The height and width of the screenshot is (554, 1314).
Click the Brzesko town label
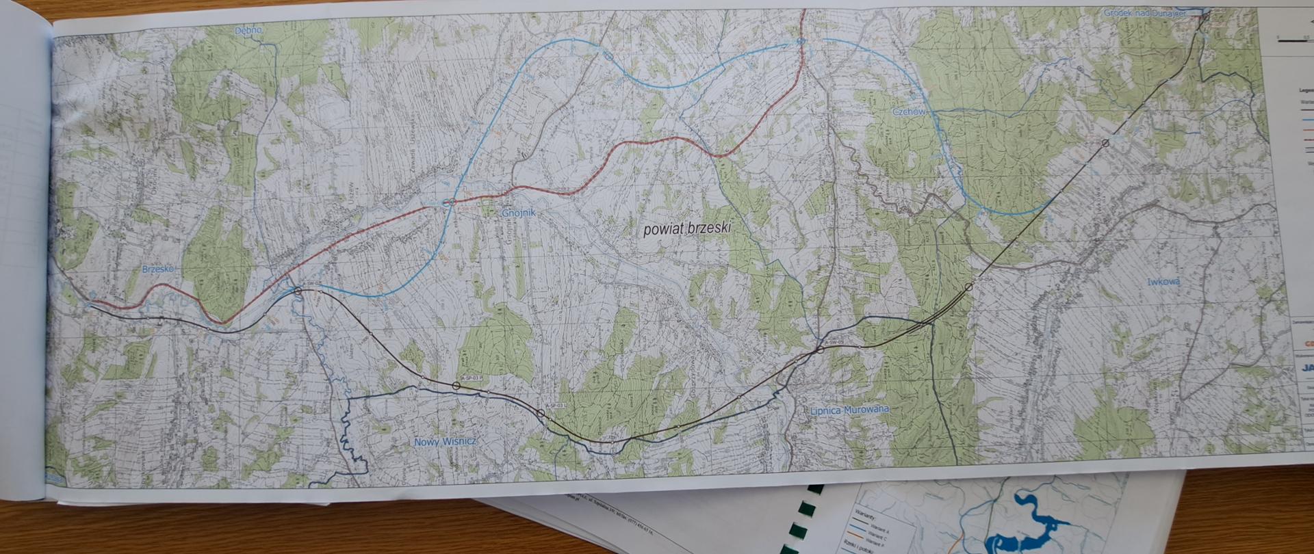(x=158, y=269)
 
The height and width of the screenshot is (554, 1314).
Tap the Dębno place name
(x=248, y=31)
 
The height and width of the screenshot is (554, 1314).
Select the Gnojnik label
(x=519, y=213)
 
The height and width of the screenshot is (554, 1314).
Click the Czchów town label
(x=909, y=111)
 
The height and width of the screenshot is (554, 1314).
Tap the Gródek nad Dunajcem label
(x=1143, y=12)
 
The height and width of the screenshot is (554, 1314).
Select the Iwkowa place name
(x=1165, y=282)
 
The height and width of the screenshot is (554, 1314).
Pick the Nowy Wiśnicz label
(x=446, y=442)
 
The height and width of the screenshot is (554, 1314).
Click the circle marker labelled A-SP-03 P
(x=456, y=386)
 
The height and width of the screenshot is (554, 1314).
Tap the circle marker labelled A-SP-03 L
(x=541, y=414)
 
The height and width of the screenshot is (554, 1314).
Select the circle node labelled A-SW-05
(x=820, y=350)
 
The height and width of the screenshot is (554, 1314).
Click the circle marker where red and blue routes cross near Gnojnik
(x=448, y=202)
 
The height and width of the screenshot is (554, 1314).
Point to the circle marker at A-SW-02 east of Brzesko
(x=298, y=291)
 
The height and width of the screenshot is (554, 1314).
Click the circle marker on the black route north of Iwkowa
(x=1105, y=143)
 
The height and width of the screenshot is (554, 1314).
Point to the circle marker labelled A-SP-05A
(x=968, y=287)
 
